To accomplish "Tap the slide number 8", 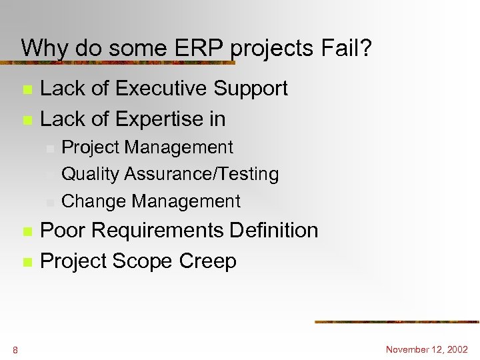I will pyautogui.click(x=15, y=350).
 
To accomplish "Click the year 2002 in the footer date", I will pyautogui.click(x=457, y=349).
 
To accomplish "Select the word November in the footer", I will pyautogui.click(x=408, y=349).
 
